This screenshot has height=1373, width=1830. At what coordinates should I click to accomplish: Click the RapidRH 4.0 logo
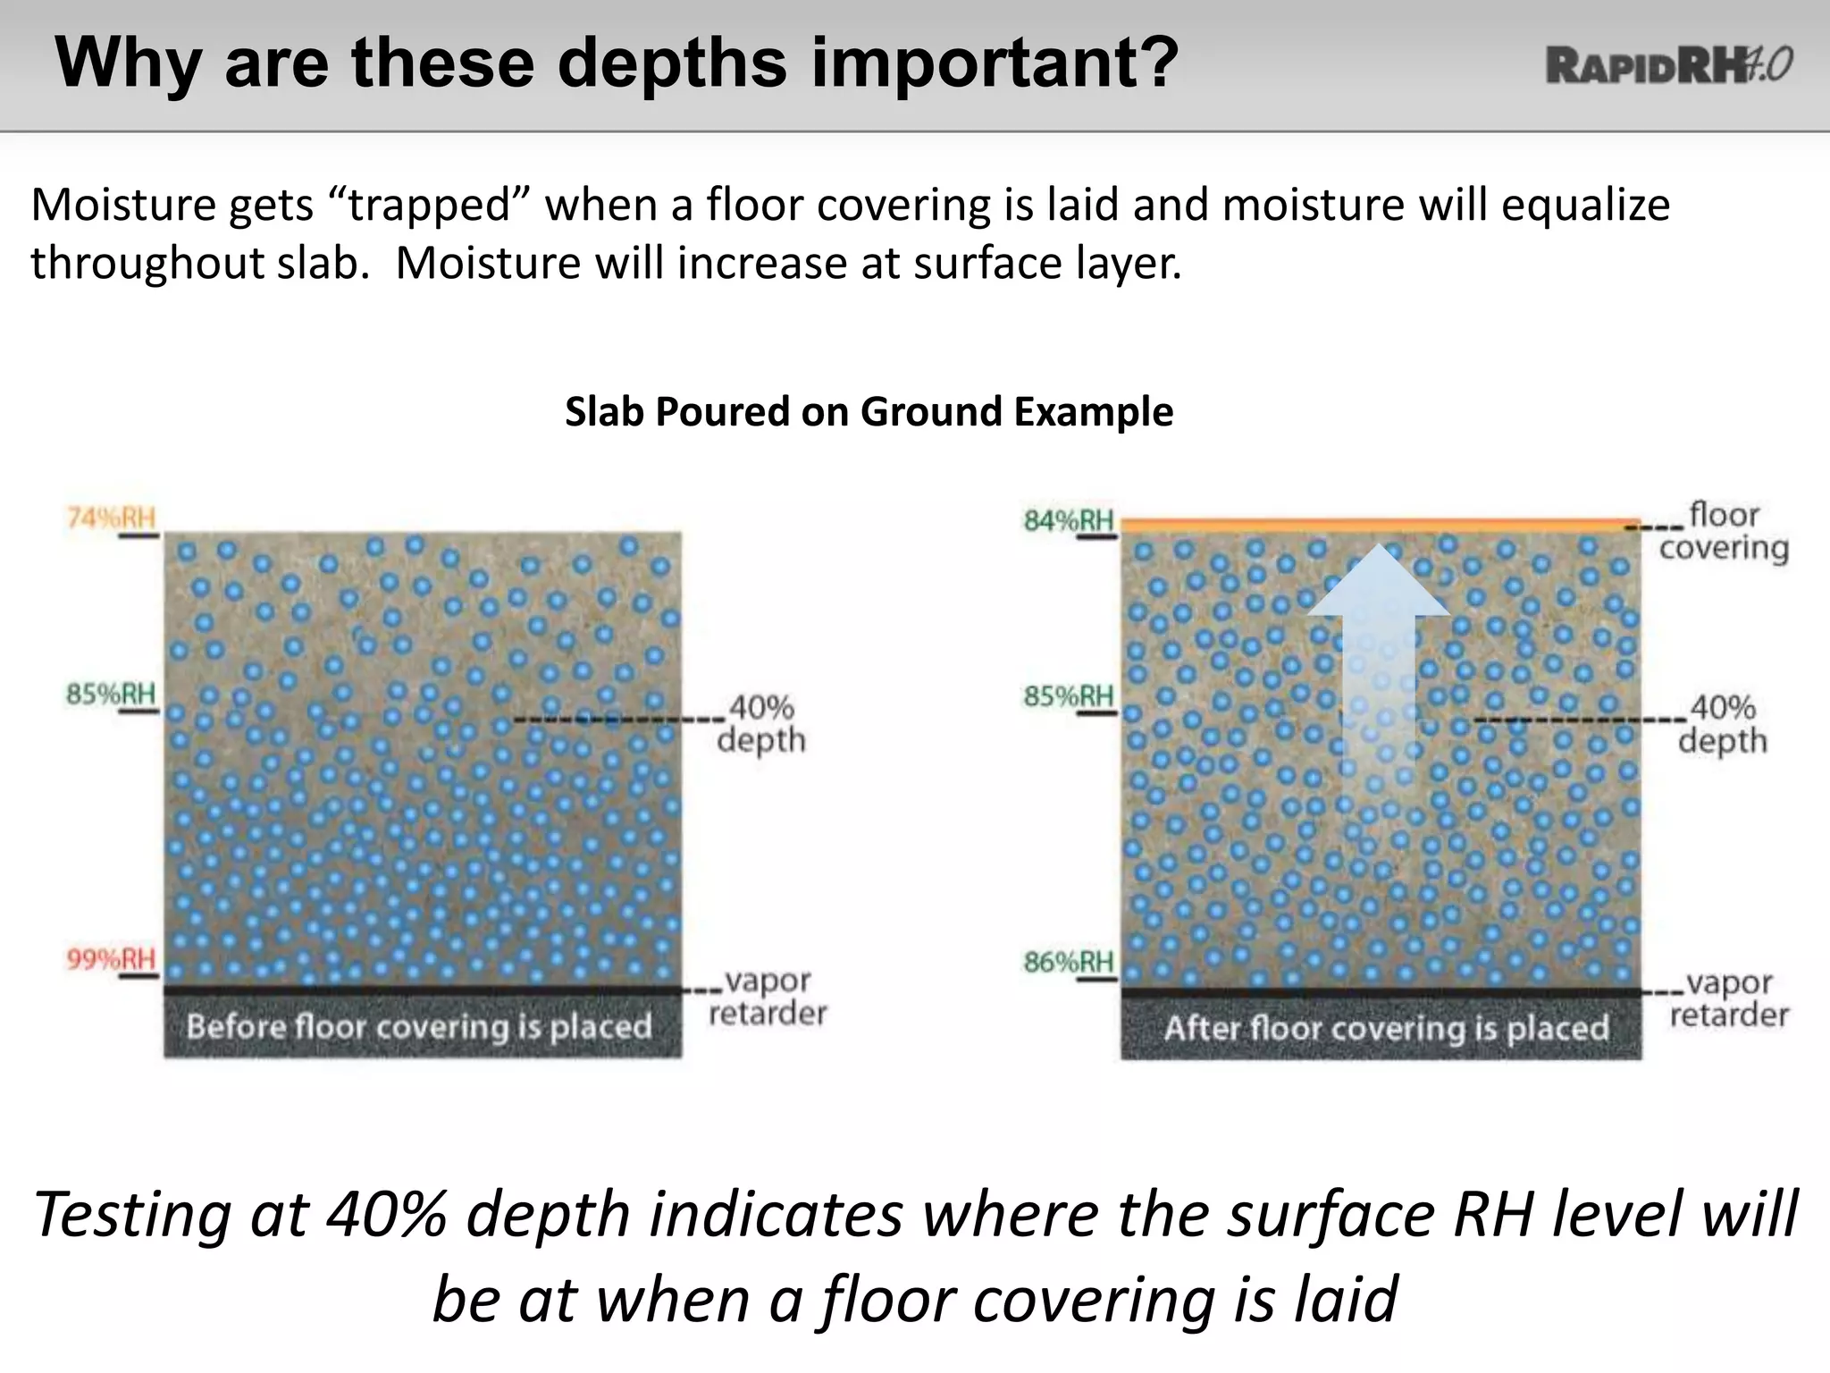click(1668, 65)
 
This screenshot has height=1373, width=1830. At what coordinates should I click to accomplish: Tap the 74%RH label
click(111, 518)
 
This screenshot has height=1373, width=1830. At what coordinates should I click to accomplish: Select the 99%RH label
click(111, 959)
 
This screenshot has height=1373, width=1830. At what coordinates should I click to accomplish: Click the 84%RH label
click(1069, 520)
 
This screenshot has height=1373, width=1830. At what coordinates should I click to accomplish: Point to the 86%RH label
click(1069, 962)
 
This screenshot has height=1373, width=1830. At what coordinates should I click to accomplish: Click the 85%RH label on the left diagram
click(111, 694)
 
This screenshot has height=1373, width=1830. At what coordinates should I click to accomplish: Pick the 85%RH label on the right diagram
click(1069, 695)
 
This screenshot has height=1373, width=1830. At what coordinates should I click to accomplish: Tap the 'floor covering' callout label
click(1723, 532)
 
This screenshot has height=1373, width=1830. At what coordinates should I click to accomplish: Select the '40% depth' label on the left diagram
click(761, 724)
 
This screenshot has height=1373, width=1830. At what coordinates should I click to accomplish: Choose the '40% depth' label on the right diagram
click(1723, 724)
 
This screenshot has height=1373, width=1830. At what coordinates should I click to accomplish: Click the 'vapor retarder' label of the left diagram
click(767, 997)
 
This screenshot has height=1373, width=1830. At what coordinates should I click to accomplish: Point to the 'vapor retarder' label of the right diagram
click(1728, 998)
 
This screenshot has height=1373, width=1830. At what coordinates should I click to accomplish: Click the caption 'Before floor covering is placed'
click(419, 1026)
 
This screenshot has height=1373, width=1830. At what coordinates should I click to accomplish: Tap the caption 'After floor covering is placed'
click(1386, 1028)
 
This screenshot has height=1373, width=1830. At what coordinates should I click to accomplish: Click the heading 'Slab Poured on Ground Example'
click(869, 411)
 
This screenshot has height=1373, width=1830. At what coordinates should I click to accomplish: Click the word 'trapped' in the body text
click(428, 205)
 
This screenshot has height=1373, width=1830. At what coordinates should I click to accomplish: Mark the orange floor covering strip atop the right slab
click(1381, 526)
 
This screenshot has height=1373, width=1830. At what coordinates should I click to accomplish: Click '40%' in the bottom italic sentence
click(386, 1215)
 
